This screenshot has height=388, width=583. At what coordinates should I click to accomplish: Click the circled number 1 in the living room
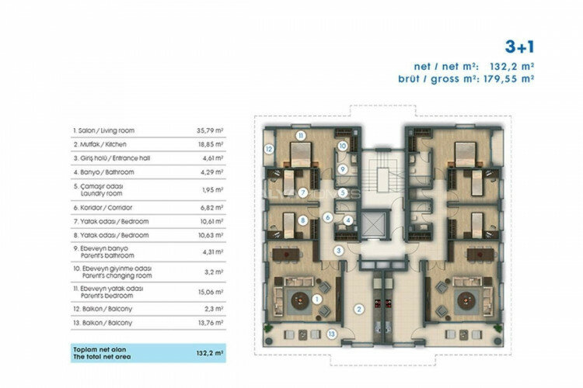pos(317,298)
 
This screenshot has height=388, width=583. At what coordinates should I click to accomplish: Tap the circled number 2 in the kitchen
pos(358,309)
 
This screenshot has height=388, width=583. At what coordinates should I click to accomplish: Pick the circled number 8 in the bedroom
pos(302,220)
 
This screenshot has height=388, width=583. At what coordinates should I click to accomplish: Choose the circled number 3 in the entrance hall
pos(339,250)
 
